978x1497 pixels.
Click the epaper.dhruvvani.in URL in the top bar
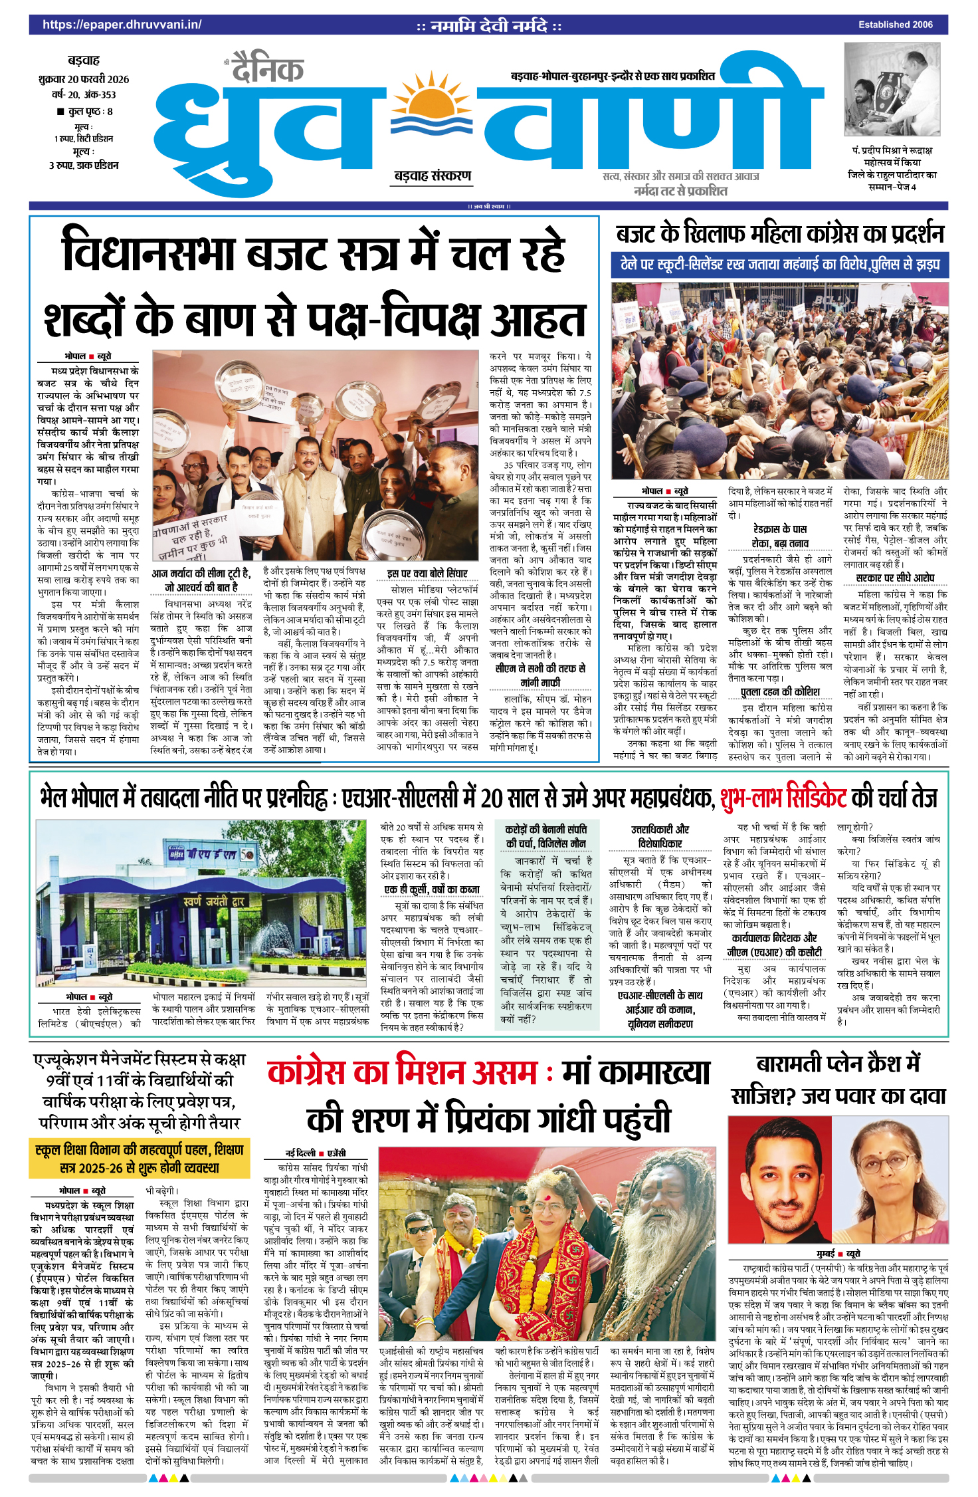pos(122,25)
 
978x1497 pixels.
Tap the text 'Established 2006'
pos(895,25)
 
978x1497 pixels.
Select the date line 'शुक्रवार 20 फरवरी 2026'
pos(84,79)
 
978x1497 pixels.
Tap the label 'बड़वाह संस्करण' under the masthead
pos(433,176)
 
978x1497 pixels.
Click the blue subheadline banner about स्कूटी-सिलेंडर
pos(779,265)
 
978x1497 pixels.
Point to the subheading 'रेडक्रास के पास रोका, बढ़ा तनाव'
pos(779,535)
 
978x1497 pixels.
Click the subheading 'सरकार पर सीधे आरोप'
pos(895,578)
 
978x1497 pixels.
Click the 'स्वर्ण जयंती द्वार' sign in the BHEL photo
pos(214,901)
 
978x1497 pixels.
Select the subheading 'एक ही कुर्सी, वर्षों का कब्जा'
pos(432,889)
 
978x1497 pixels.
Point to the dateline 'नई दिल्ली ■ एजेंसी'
pos(315,1153)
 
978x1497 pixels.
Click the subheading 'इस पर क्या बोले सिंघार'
pos(427,573)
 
